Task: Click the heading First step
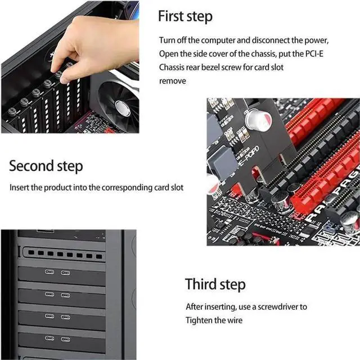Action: click(x=185, y=16)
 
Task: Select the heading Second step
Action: click(x=46, y=166)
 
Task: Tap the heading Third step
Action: click(x=215, y=284)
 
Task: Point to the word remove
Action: click(x=172, y=81)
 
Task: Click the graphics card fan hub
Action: click(x=122, y=108)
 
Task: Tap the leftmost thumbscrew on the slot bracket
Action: click(x=12, y=111)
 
